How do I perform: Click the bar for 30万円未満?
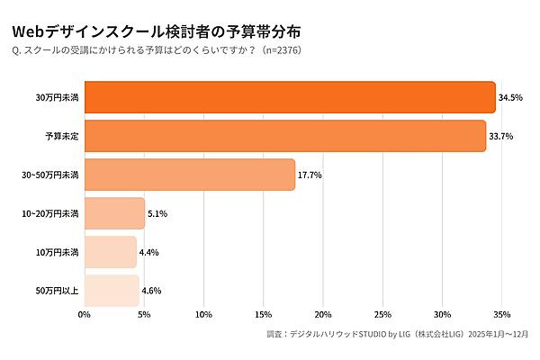click(290, 97)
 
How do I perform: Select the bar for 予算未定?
click(285, 136)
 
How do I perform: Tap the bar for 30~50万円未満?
click(190, 175)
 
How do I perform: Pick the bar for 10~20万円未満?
click(114, 213)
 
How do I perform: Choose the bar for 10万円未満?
click(111, 252)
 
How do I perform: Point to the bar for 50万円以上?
click(112, 291)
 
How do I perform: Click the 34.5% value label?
click(511, 97)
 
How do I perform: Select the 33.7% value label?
click(501, 136)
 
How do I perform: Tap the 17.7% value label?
click(310, 175)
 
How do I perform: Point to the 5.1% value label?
click(157, 213)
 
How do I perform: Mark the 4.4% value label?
click(149, 252)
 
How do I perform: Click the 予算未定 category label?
click(62, 136)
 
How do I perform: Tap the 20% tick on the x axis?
click(323, 314)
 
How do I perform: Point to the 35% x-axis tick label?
click(502, 314)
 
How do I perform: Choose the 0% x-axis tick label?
click(85, 314)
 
